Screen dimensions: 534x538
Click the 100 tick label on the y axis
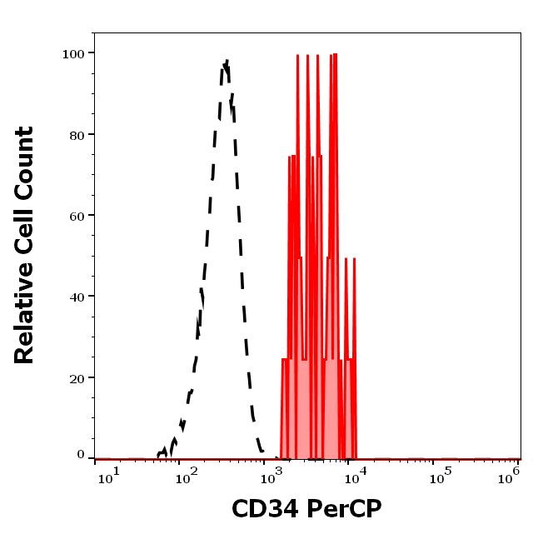[73, 53]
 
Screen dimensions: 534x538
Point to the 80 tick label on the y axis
[77, 134]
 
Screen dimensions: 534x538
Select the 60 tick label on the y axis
[77, 215]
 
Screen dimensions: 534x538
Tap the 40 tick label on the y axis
[77, 296]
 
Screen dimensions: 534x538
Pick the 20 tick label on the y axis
[77, 377]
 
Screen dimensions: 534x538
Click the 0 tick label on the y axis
[81, 455]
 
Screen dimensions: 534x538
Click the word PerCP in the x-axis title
[340, 507]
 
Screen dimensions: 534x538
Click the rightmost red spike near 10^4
[354, 259]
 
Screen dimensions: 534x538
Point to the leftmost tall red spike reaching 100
[298, 56]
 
